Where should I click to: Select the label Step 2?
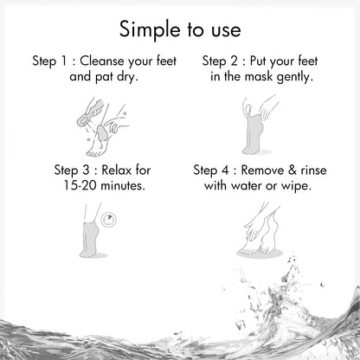pos(221,63)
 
